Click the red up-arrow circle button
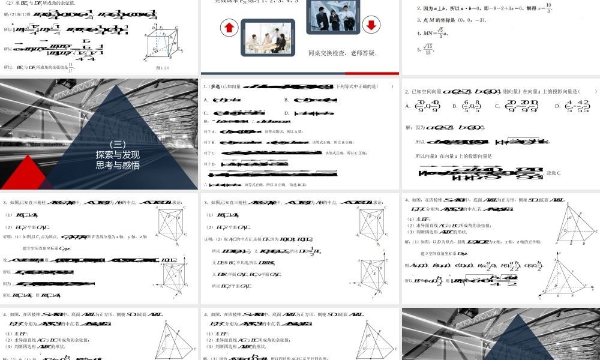[x=229, y=28]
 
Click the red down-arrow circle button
[x=371, y=25]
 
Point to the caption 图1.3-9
[x=163, y=67]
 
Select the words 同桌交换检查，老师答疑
[x=342, y=53]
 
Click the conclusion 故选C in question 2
[x=553, y=173]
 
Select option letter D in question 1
[x=286, y=112]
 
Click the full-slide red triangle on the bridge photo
[x=24, y=174]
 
